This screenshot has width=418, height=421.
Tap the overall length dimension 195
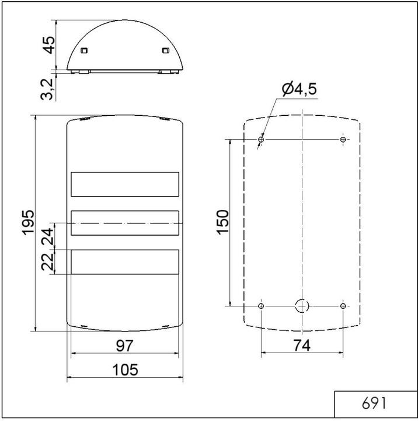click(x=27, y=223)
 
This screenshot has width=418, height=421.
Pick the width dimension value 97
click(x=124, y=346)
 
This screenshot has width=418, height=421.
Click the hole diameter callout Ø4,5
click(x=299, y=89)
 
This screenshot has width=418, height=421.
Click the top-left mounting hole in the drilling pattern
click(x=261, y=140)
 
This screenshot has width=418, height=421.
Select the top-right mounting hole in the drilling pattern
click(x=343, y=140)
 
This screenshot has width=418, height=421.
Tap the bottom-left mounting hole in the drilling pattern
click(x=261, y=306)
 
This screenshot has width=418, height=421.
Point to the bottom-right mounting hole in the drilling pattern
click(x=343, y=306)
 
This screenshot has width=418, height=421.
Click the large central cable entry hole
click(x=302, y=305)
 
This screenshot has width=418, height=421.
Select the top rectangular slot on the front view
click(x=124, y=184)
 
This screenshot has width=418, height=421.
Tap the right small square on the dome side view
click(x=165, y=50)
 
